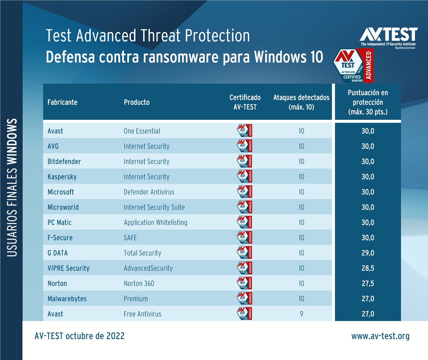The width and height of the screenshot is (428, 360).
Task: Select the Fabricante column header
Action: coord(62,102)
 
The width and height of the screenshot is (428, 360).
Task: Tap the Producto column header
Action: coord(136,102)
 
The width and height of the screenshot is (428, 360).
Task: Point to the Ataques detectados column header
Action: coord(301,102)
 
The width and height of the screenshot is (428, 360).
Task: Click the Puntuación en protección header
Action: coord(368,102)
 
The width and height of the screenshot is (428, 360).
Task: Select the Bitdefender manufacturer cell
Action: coord(64,162)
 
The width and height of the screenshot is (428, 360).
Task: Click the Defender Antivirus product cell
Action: coord(149,192)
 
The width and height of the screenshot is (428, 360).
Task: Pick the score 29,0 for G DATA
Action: coord(368,253)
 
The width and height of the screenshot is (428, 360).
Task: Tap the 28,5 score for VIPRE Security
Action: coord(368,268)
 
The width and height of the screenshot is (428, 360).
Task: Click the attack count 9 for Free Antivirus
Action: coord(301,314)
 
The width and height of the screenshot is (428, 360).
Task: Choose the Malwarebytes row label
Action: coord(67,299)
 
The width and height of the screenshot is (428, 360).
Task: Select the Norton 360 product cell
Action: coord(139,283)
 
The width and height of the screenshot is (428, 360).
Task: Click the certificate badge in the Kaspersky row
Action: coord(245,177)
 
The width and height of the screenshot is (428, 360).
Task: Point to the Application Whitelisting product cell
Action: coord(155,223)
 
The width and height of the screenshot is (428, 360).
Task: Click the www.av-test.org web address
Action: coord(380,336)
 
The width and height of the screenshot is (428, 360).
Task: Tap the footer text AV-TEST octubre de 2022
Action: coord(80,336)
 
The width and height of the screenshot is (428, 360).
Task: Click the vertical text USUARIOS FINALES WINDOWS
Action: coord(12,187)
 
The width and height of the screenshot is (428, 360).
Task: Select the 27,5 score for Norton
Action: coord(368,283)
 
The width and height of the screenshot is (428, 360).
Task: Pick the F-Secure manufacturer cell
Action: coord(60,238)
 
